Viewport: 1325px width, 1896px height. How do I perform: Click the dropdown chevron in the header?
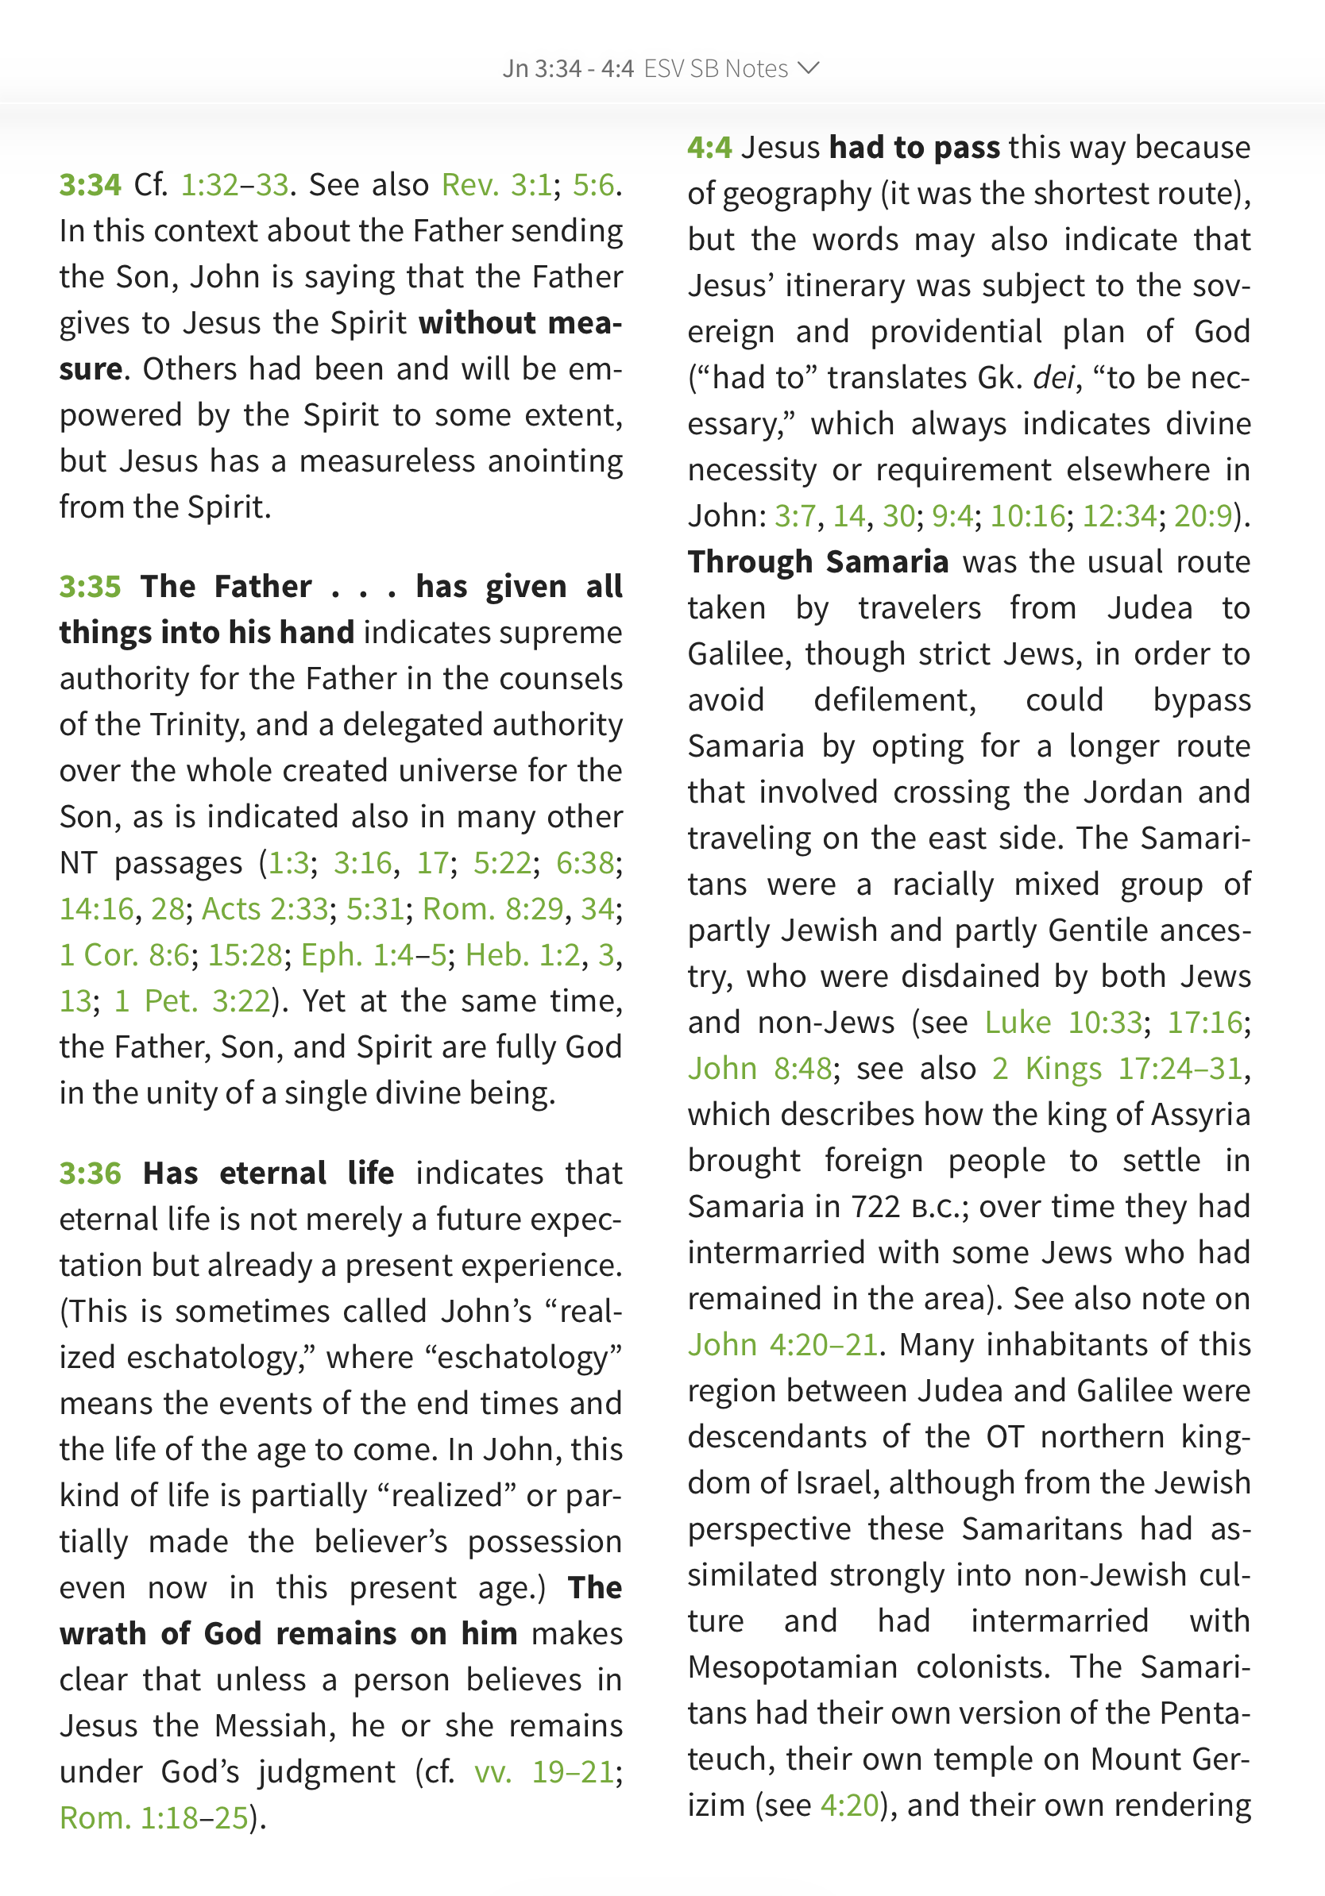(x=809, y=67)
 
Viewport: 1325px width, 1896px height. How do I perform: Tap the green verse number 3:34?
(x=90, y=185)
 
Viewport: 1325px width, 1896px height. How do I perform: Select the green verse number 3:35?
(x=90, y=586)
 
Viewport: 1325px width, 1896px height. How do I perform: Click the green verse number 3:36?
(x=90, y=1173)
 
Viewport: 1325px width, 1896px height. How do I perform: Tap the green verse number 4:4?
(x=709, y=148)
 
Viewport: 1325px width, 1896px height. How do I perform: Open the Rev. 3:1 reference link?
(x=496, y=185)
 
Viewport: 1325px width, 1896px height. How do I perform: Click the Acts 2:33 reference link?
(x=265, y=909)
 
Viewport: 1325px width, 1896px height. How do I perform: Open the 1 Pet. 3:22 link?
(x=191, y=1002)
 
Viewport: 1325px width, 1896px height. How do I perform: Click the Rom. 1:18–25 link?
(x=154, y=1818)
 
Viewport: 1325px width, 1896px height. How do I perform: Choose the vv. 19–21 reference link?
(x=544, y=1772)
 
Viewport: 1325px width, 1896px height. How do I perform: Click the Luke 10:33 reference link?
(x=1063, y=1023)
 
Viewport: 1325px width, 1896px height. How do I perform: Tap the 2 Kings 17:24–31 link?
(x=1118, y=1069)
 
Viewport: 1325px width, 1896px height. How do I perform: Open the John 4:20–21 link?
(x=782, y=1345)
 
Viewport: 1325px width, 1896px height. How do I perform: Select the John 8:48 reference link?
(x=760, y=1069)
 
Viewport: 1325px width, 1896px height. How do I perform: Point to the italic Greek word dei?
(x=1053, y=378)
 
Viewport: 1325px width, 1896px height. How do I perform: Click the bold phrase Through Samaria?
(x=818, y=562)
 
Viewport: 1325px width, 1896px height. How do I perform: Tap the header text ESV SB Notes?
(x=716, y=68)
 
